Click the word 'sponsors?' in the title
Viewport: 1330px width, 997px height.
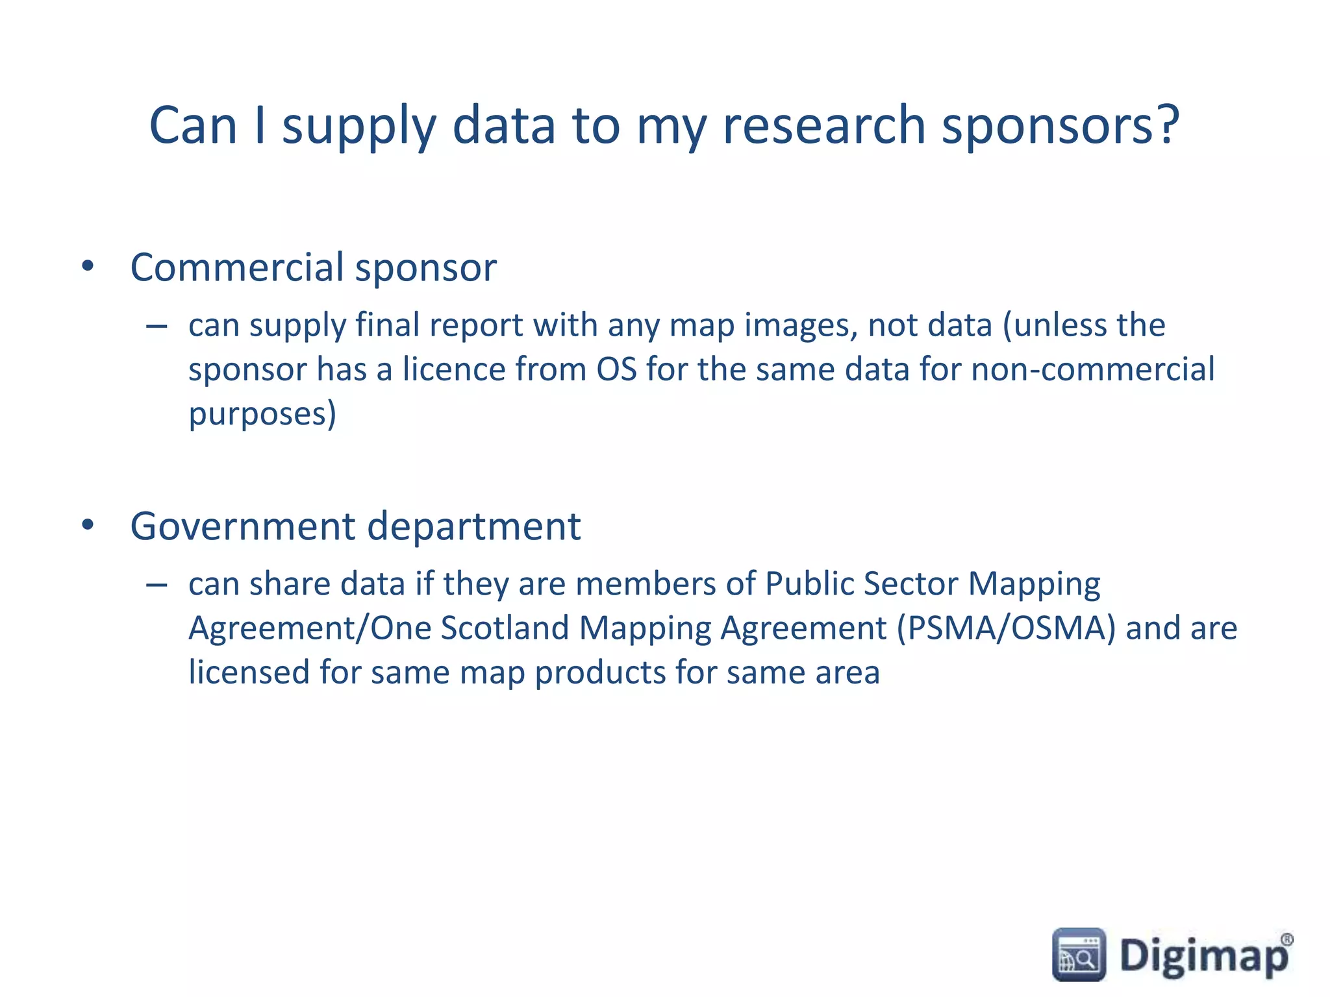click(x=1060, y=127)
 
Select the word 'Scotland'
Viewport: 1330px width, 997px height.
click(x=505, y=628)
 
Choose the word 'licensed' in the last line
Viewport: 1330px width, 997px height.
click(x=249, y=672)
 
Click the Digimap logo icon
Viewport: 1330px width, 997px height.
click(x=1079, y=954)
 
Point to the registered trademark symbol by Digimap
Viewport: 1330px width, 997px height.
click(x=1286, y=939)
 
